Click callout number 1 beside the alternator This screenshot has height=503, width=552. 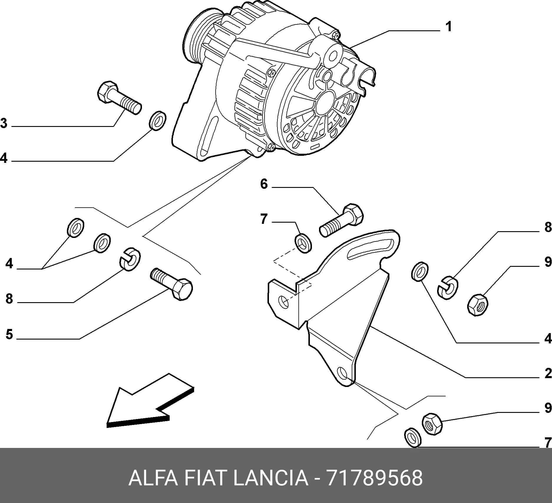448,27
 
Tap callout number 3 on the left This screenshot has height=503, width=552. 4,123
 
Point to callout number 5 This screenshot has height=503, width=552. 9,334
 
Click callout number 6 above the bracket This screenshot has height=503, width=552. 264,184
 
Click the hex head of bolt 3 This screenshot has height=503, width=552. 108,92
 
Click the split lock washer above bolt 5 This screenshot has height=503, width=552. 130,259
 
